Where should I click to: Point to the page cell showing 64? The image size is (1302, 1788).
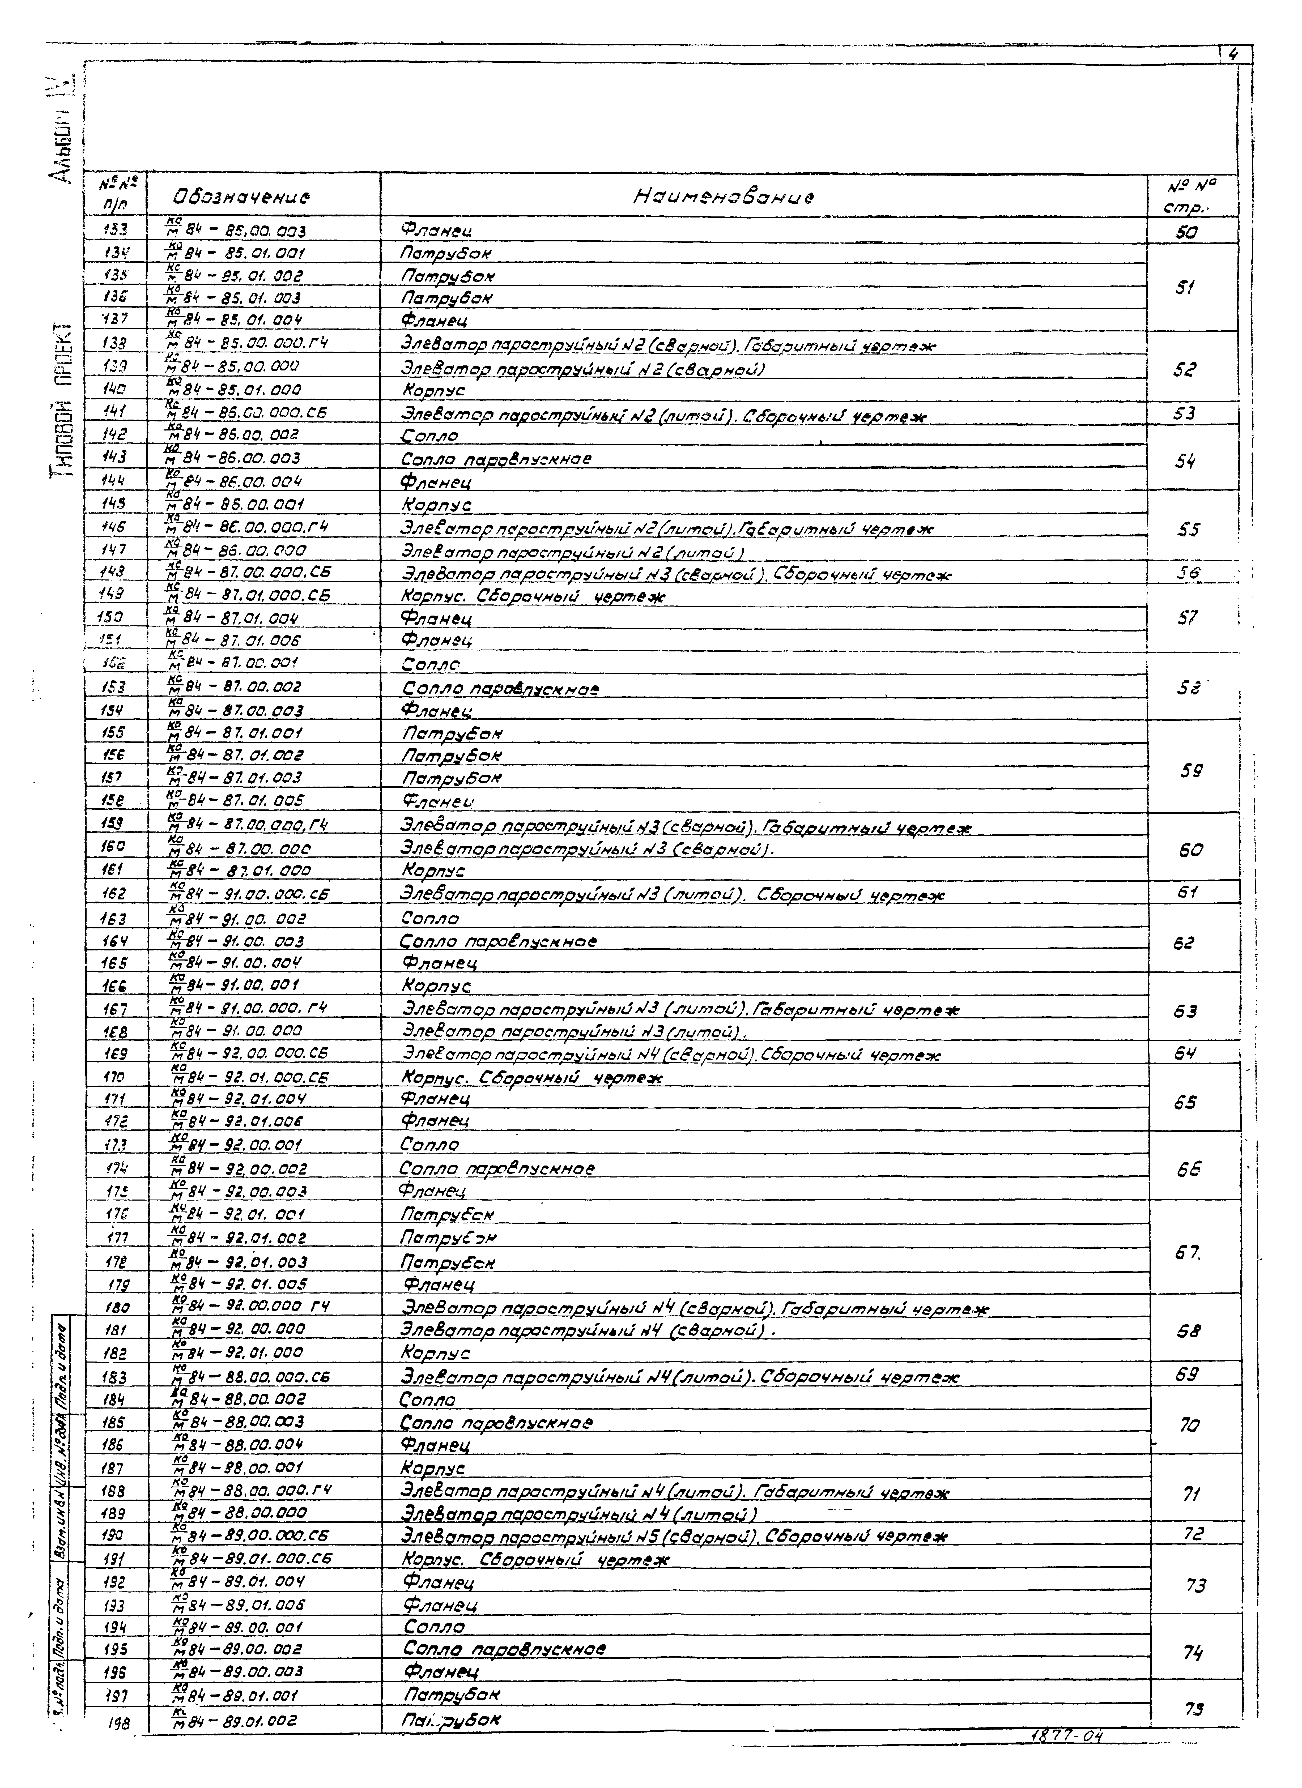tap(1185, 1052)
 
